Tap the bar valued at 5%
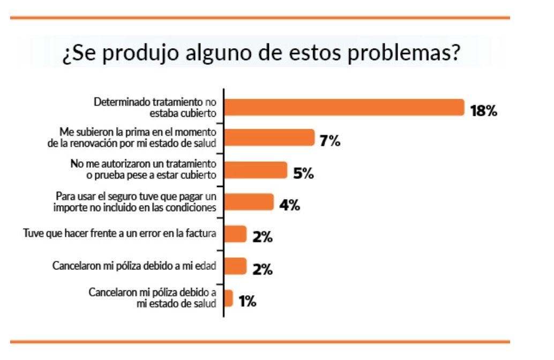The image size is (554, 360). pyautogui.click(x=256, y=170)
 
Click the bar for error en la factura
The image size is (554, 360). pyautogui.click(x=235, y=234)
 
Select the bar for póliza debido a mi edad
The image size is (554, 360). pyautogui.click(x=235, y=266)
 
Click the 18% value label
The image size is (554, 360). pyautogui.click(x=484, y=111)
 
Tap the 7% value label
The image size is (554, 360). pyautogui.click(x=330, y=141)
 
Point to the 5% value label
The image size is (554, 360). pyautogui.click(x=303, y=174)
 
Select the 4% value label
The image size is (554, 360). pyautogui.click(x=289, y=205)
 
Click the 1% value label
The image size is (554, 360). pyautogui.click(x=248, y=302)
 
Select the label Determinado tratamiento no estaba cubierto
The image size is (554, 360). pyautogui.click(x=155, y=107)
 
